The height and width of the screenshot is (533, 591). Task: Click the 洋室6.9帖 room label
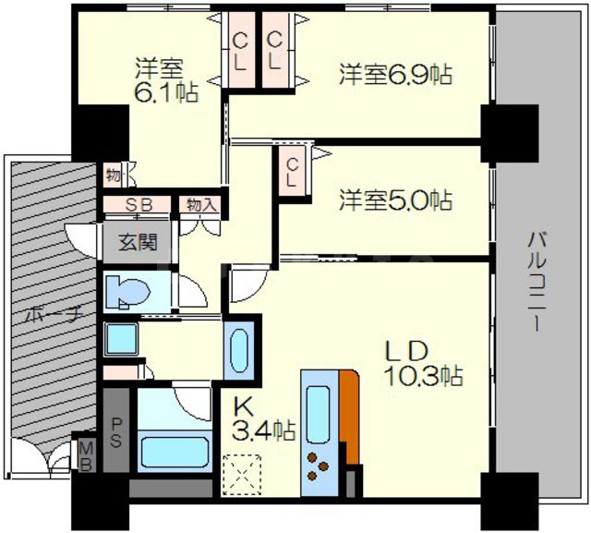click(x=394, y=74)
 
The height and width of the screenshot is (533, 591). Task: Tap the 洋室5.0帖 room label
click(x=394, y=199)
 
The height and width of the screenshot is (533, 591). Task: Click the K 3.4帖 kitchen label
click(x=263, y=418)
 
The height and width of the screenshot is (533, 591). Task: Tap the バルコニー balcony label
click(x=536, y=282)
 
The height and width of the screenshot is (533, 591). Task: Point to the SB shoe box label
click(x=139, y=204)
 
